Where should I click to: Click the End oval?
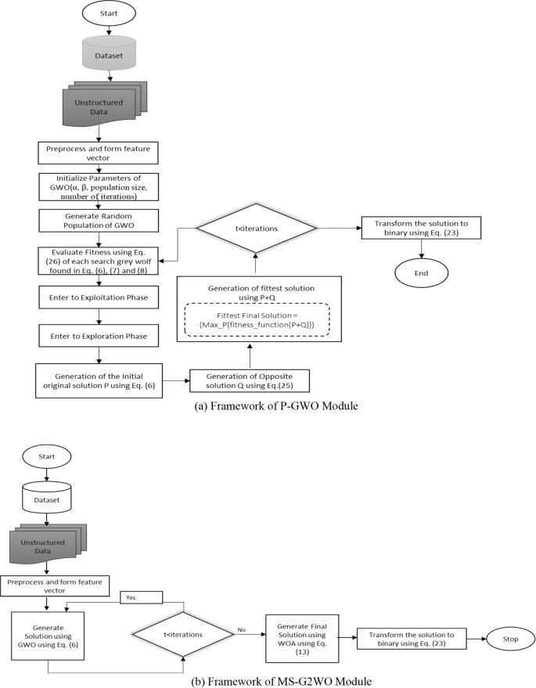coord(422,275)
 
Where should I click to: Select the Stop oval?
coord(511,638)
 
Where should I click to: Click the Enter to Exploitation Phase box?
coord(98,297)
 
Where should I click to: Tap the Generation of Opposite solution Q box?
coord(248,380)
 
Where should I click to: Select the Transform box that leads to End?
coord(422,227)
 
